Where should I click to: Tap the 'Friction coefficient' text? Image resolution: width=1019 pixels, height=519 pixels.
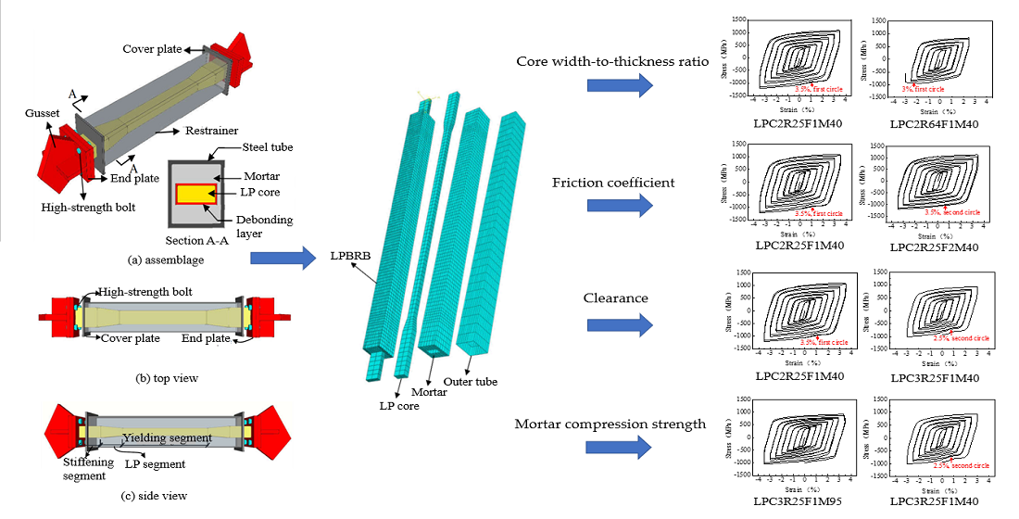[x=612, y=183]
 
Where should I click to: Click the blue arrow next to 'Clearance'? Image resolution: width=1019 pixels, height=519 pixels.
[x=621, y=326]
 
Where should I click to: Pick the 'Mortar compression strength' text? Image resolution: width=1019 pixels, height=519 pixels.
[x=610, y=424]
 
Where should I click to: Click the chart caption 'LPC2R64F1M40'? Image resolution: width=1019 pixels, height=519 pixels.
[x=929, y=124]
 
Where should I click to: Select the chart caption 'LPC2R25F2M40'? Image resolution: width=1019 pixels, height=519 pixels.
[x=929, y=247]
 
